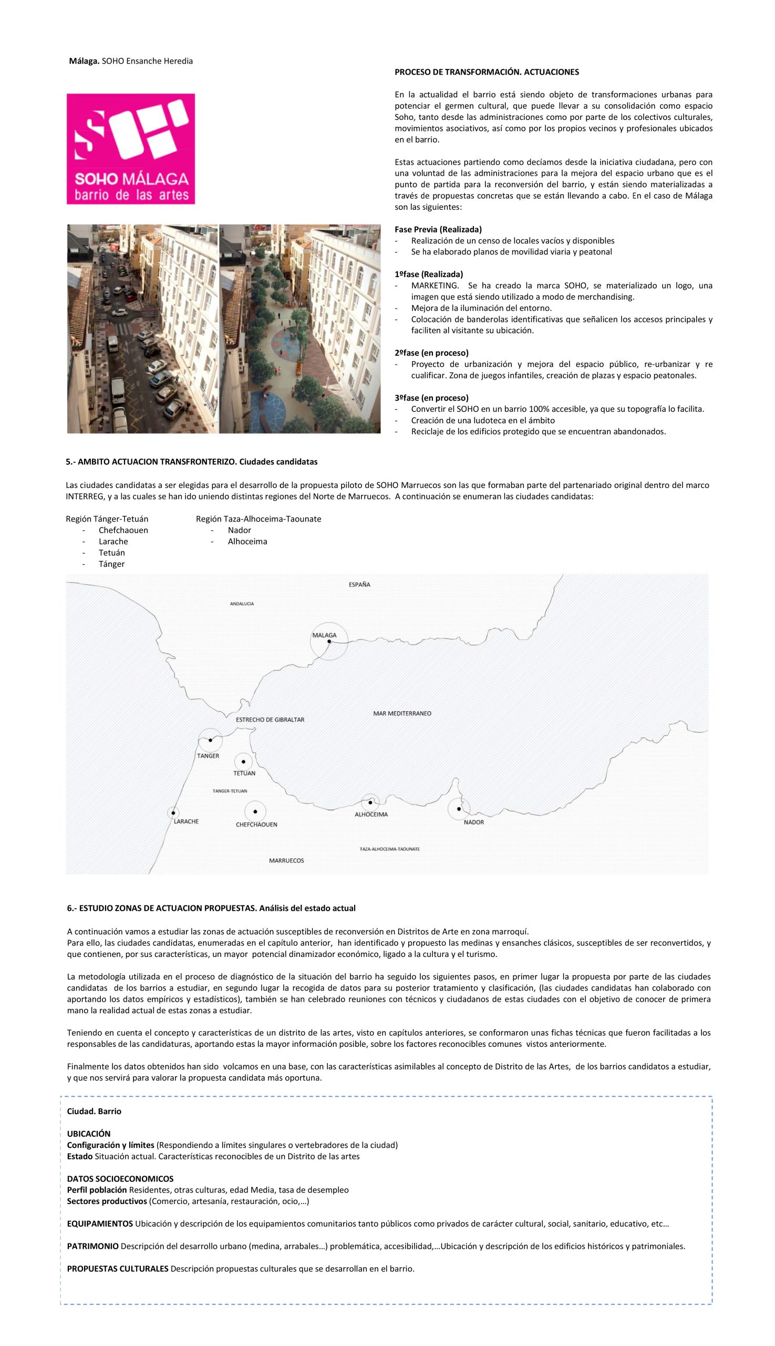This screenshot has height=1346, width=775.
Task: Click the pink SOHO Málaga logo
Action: [x=130, y=149]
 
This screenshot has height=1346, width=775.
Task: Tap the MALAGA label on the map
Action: [x=324, y=635]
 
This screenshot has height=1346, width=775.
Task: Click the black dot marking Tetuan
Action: [x=243, y=762]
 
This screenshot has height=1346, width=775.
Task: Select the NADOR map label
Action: [x=474, y=822]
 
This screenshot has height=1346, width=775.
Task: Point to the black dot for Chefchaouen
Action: [x=255, y=812]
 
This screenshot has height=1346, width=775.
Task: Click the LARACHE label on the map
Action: [x=186, y=821]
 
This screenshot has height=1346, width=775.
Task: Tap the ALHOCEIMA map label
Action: [x=371, y=814]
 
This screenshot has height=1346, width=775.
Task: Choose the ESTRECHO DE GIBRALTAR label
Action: [x=270, y=720]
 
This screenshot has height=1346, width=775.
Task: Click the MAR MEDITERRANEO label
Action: [x=402, y=713]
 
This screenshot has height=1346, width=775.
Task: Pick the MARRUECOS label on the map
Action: [x=286, y=860]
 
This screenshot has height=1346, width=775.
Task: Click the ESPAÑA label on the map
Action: [x=359, y=584]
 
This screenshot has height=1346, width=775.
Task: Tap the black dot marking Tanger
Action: [x=210, y=740]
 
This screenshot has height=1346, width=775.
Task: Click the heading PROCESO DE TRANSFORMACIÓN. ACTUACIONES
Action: [x=487, y=72]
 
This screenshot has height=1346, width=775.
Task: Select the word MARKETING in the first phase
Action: [x=435, y=285]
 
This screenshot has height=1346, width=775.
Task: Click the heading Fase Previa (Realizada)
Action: [x=438, y=230]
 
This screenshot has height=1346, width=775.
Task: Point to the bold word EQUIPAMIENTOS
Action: [x=99, y=1223]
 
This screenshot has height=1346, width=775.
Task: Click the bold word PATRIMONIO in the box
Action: [x=92, y=1246]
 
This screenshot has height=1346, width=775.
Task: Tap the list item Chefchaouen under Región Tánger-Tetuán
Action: [x=123, y=530]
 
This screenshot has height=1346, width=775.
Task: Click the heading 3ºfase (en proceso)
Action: [x=431, y=398]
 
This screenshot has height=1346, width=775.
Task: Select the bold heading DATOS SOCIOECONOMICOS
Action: [x=120, y=1179]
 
